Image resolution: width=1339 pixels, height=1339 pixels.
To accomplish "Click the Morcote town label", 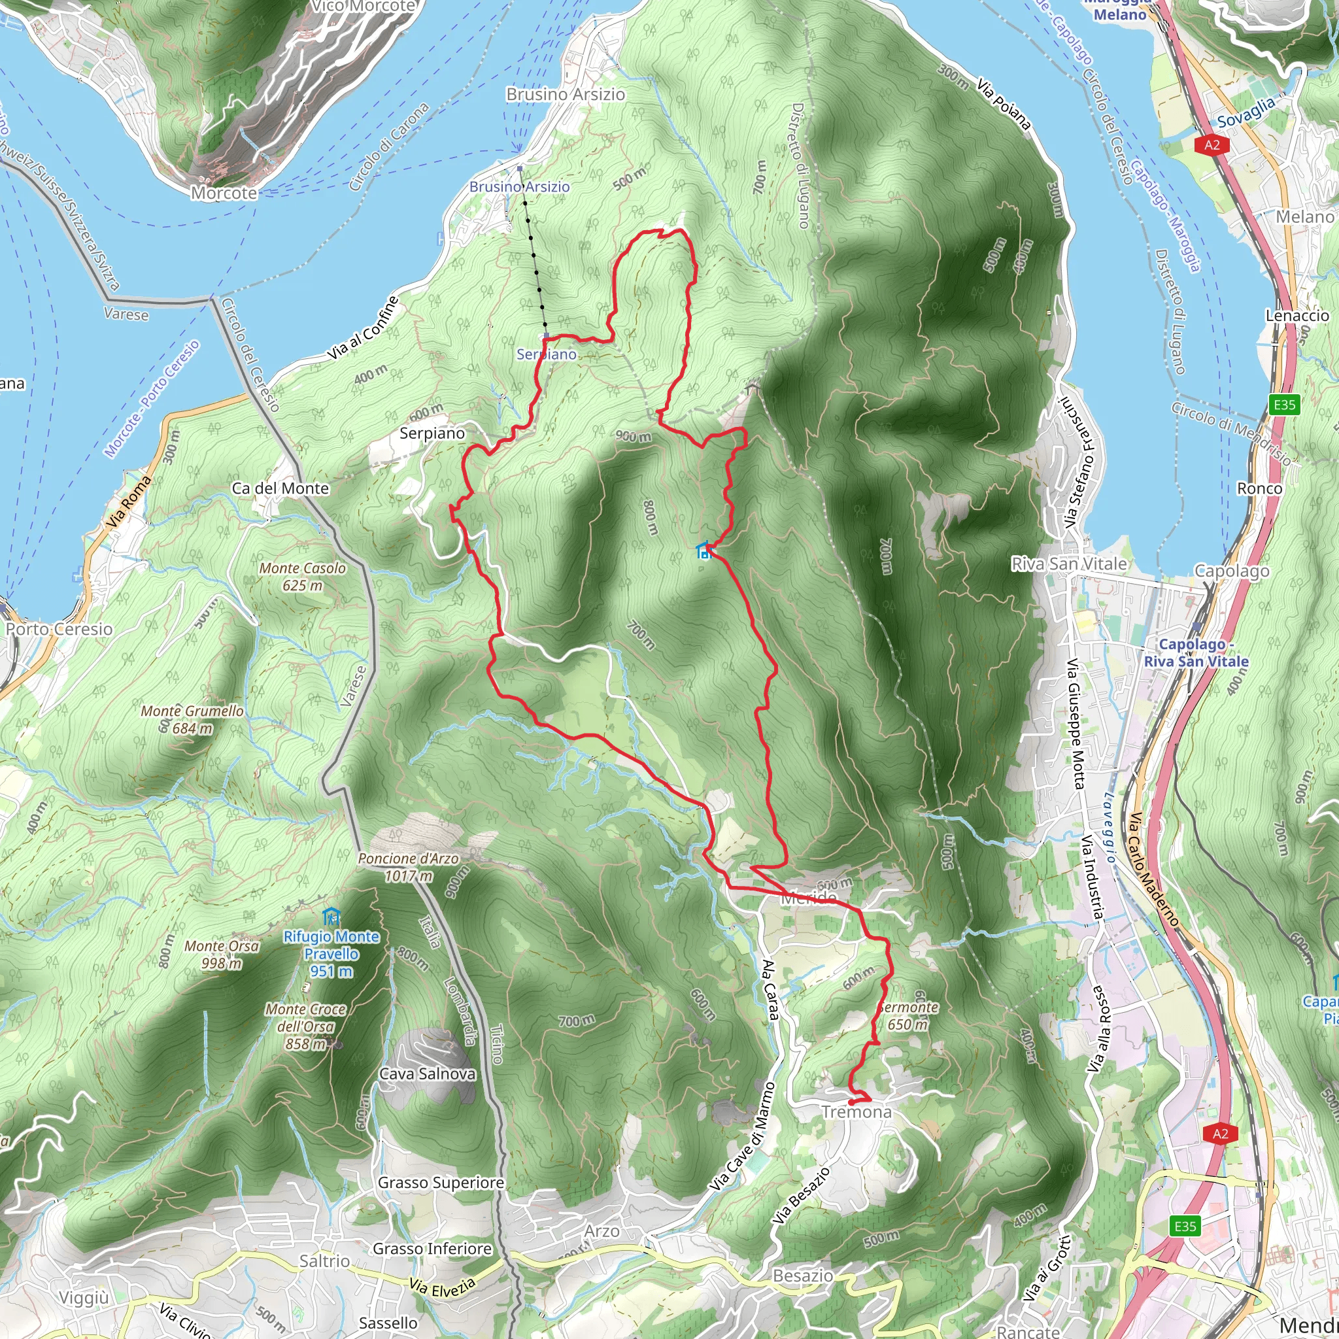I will pyautogui.click(x=224, y=193).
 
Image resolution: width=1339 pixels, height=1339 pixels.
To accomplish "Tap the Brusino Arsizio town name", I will pyautogui.click(x=566, y=94).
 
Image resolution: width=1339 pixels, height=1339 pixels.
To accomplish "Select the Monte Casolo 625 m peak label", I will pyautogui.click(x=302, y=577).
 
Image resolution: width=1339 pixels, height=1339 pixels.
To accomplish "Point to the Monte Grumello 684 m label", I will pyautogui.click(x=192, y=719).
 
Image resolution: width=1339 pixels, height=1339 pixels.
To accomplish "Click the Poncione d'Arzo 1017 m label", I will pyautogui.click(x=408, y=867).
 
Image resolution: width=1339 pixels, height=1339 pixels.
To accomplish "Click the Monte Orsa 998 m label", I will pyautogui.click(x=222, y=955).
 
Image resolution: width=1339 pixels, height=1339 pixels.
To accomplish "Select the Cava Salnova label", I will pyautogui.click(x=428, y=1074).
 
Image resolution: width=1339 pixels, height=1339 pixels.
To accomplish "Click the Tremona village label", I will pyautogui.click(x=856, y=1111).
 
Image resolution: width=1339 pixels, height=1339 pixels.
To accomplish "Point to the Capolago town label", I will pyautogui.click(x=1232, y=571).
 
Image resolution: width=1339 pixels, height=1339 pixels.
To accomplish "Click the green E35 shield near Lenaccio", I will pyautogui.click(x=1283, y=405).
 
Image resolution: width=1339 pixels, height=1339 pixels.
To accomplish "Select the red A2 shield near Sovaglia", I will pyautogui.click(x=1212, y=145).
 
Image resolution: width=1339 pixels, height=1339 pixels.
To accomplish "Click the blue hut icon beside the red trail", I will pyautogui.click(x=704, y=551).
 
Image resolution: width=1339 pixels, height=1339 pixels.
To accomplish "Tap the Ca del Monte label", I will pyautogui.click(x=280, y=488).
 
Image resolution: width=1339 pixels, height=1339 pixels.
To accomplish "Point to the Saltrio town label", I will pyautogui.click(x=324, y=1261).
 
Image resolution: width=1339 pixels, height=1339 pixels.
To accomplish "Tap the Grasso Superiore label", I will pyautogui.click(x=441, y=1182).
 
